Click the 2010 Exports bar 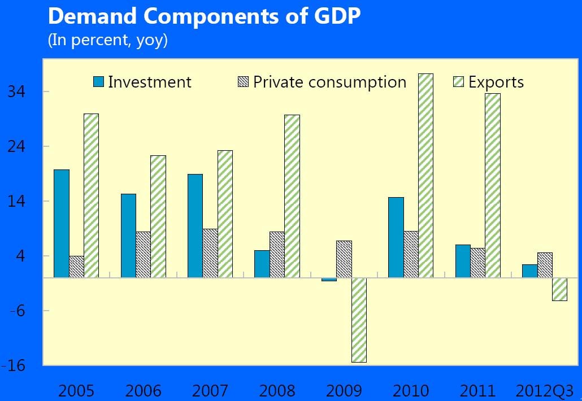tap(425, 176)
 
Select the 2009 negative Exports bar tap(359, 320)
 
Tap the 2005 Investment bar tap(62, 224)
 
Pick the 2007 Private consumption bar tap(210, 253)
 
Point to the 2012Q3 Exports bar tap(559, 289)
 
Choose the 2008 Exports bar tap(292, 196)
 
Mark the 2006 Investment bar tap(128, 236)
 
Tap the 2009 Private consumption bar tap(344, 259)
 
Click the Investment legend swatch tap(99, 82)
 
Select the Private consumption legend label tap(329, 82)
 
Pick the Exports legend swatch tap(459, 82)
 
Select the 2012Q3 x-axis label tap(545, 390)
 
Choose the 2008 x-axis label tap(277, 390)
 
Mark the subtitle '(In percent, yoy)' tap(108, 41)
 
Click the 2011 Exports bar tap(493, 185)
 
